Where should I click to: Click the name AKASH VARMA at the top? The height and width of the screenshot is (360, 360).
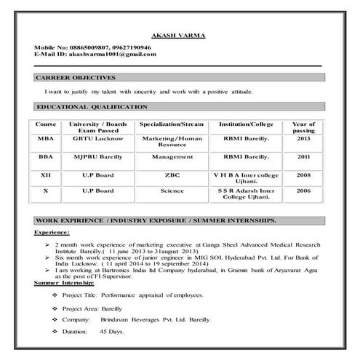pyautogui.click(x=178, y=36)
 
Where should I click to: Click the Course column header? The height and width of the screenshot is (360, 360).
pyautogui.click(x=46, y=124)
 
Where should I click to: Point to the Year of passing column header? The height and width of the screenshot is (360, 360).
pyautogui.click(x=303, y=128)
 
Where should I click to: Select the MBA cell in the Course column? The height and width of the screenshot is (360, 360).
pyautogui.click(x=46, y=138)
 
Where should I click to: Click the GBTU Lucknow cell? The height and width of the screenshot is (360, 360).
pyautogui.click(x=101, y=138)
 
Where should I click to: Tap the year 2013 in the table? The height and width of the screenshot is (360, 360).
pyautogui.click(x=303, y=138)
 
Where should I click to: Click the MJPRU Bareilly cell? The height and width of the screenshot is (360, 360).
pyautogui.click(x=101, y=157)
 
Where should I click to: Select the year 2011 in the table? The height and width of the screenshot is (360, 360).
pyautogui.click(x=303, y=157)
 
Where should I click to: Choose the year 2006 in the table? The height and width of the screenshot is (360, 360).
pyautogui.click(x=303, y=191)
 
